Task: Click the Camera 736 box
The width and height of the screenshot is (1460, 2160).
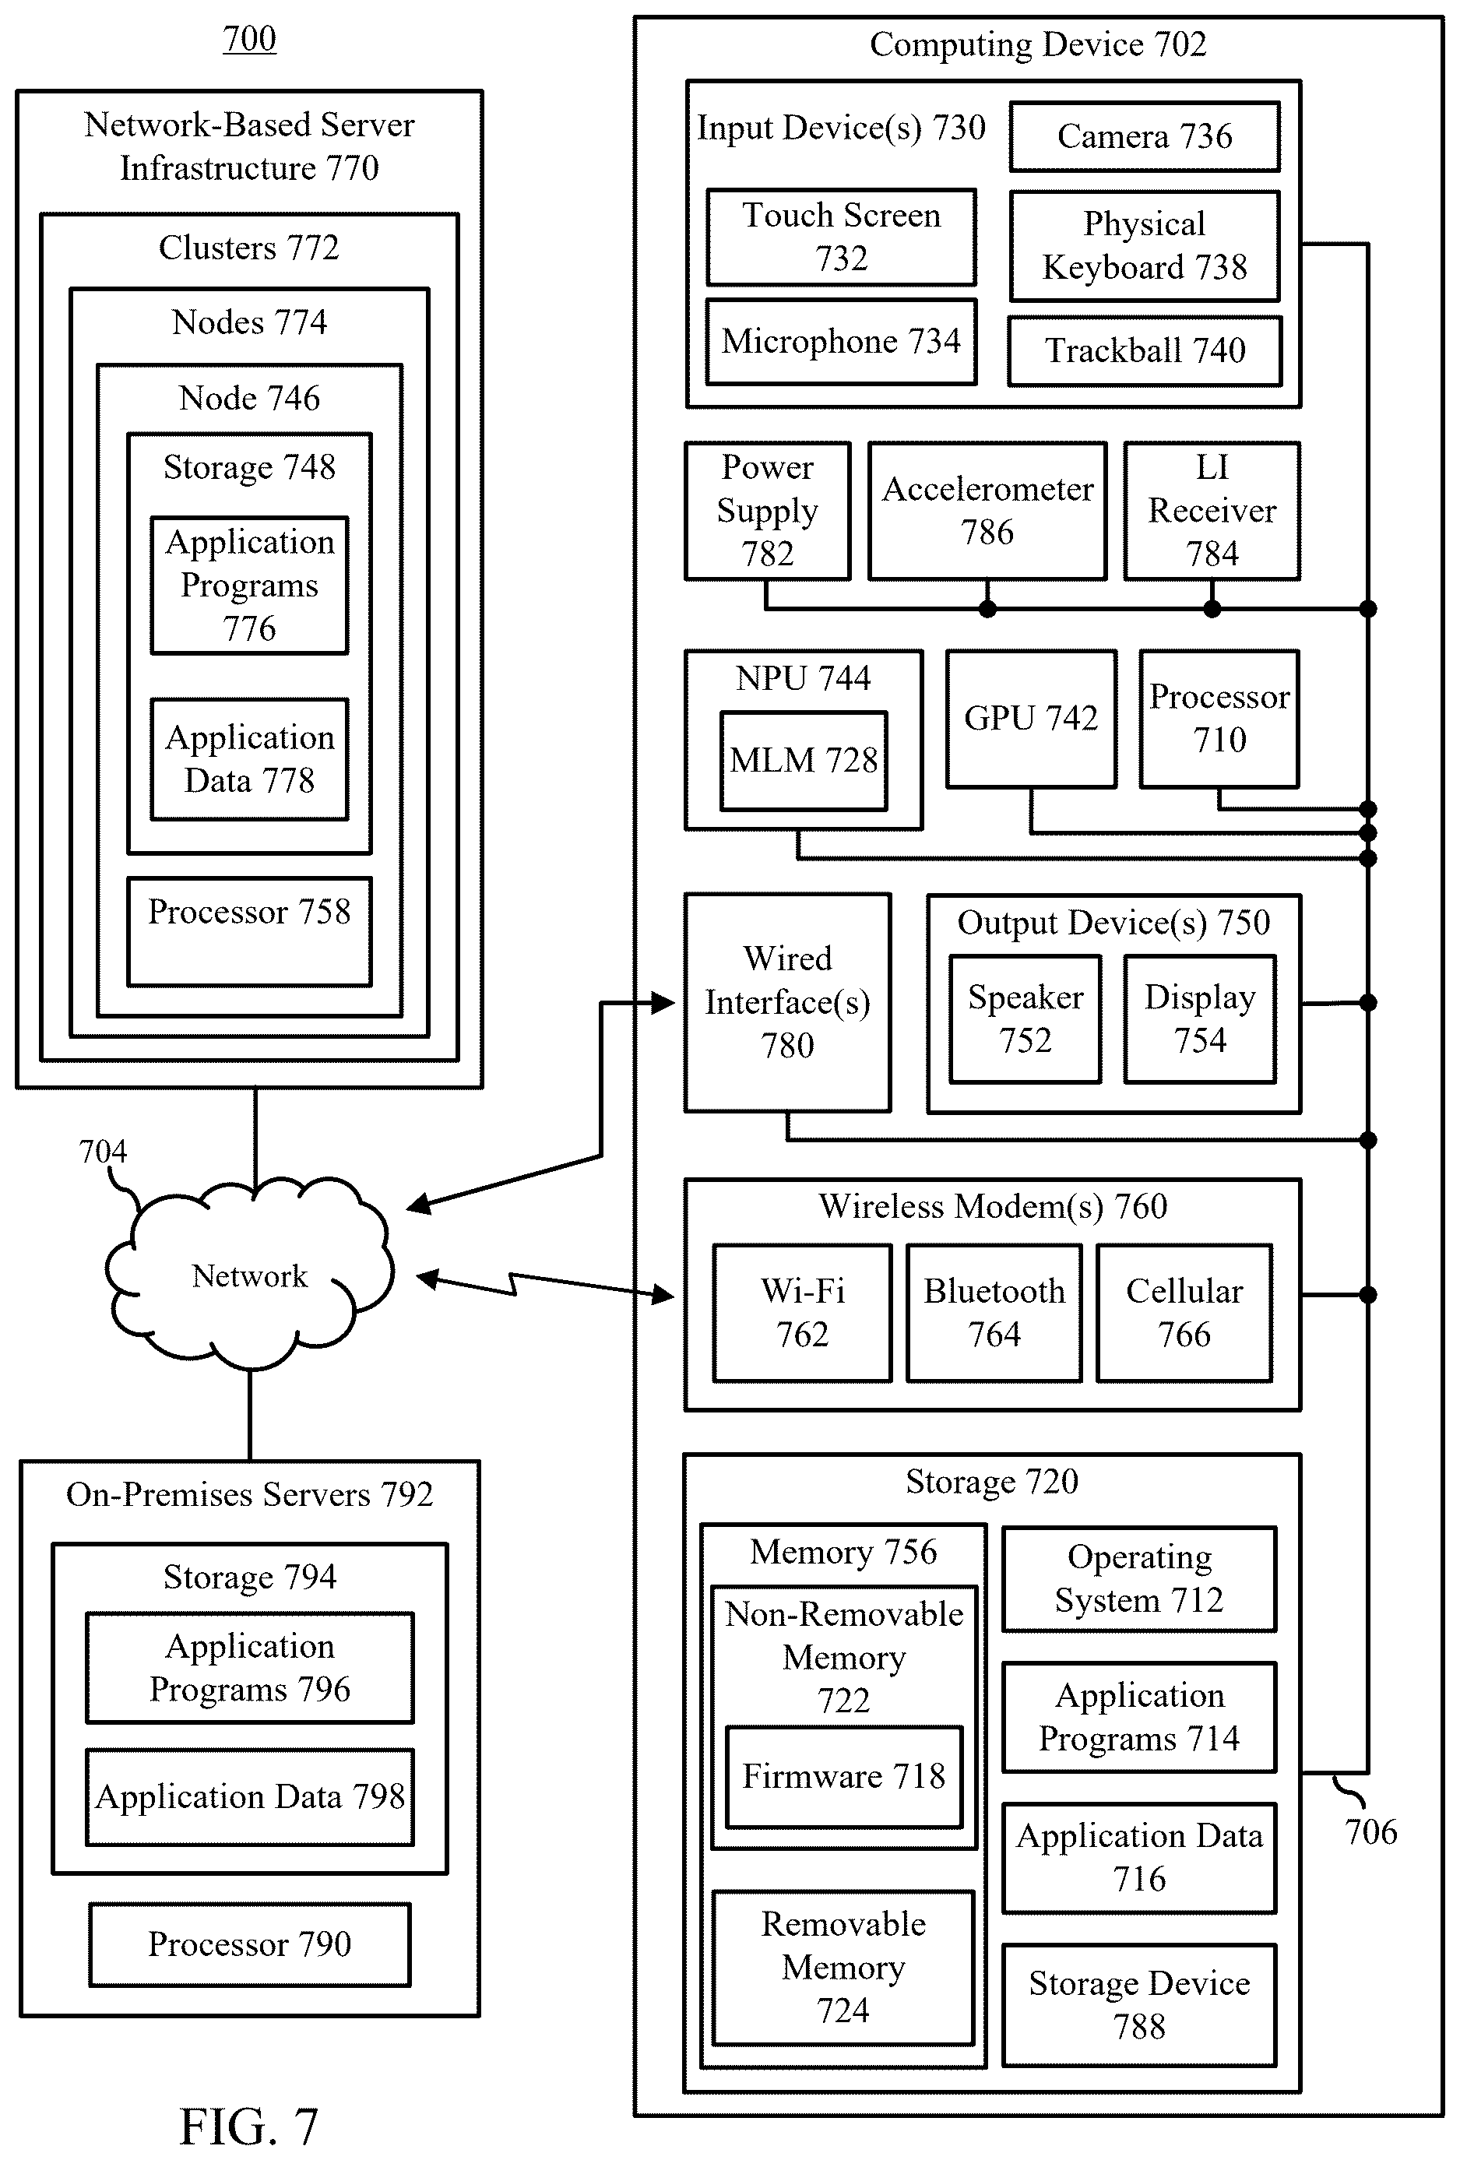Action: [1144, 136]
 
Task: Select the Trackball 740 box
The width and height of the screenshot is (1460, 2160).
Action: [1144, 350]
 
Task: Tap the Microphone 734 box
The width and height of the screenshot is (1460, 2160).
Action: [841, 341]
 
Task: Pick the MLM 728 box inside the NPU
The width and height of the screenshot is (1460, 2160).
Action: [804, 760]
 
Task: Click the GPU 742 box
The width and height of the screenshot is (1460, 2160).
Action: [1031, 719]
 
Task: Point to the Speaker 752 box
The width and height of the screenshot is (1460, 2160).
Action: [1025, 1018]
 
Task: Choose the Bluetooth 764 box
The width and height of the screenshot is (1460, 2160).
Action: [994, 1312]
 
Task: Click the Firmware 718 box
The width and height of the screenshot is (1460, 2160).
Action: [844, 1776]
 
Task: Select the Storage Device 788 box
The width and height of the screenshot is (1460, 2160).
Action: [1139, 2005]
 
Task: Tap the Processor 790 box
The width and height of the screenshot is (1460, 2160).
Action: [250, 1944]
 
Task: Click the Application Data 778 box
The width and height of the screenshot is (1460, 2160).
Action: [250, 759]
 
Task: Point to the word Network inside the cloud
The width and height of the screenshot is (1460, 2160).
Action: [249, 1276]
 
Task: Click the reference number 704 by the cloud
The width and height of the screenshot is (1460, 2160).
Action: [102, 1152]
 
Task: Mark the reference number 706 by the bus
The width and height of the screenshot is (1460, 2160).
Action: [1370, 1832]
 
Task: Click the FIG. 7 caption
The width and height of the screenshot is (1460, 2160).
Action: [249, 2127]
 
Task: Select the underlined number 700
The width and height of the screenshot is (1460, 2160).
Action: [249, 39]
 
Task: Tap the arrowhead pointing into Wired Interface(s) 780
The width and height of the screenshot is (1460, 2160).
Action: [663, 1003]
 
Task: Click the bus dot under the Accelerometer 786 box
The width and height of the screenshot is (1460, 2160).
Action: [987, 609]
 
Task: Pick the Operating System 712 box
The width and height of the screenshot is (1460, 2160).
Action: [1139, 1578]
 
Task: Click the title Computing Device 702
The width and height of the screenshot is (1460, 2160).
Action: [1038, 44]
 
